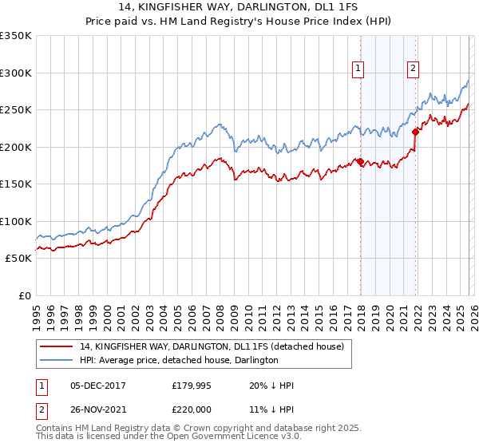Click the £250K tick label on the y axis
click(x=16, y=110)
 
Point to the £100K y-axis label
click(x=16, y=221)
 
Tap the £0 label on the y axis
click(x=24, y=295)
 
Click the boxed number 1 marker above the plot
click(x=358, y=69)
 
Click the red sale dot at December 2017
click(x=360, y=162)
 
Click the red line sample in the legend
click(x=57, y=347)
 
